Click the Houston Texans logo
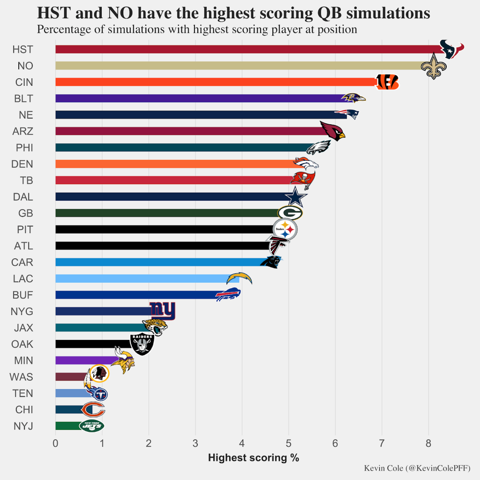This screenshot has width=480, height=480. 451,49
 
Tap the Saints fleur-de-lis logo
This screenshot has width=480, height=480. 434,66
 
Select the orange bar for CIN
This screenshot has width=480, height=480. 216,82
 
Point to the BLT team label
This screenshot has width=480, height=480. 23,98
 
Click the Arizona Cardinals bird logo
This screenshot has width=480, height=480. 332,131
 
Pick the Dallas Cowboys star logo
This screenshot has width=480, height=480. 295,197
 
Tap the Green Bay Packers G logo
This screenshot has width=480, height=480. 290,213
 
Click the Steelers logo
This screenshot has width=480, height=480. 285,230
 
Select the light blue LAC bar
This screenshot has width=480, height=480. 145,279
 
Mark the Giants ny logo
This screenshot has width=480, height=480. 162,310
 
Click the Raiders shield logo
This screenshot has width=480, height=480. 142,344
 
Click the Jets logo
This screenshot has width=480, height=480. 91,426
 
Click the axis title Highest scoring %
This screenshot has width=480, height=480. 253,458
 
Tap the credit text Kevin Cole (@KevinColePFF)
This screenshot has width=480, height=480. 417,468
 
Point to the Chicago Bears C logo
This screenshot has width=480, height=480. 93,410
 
